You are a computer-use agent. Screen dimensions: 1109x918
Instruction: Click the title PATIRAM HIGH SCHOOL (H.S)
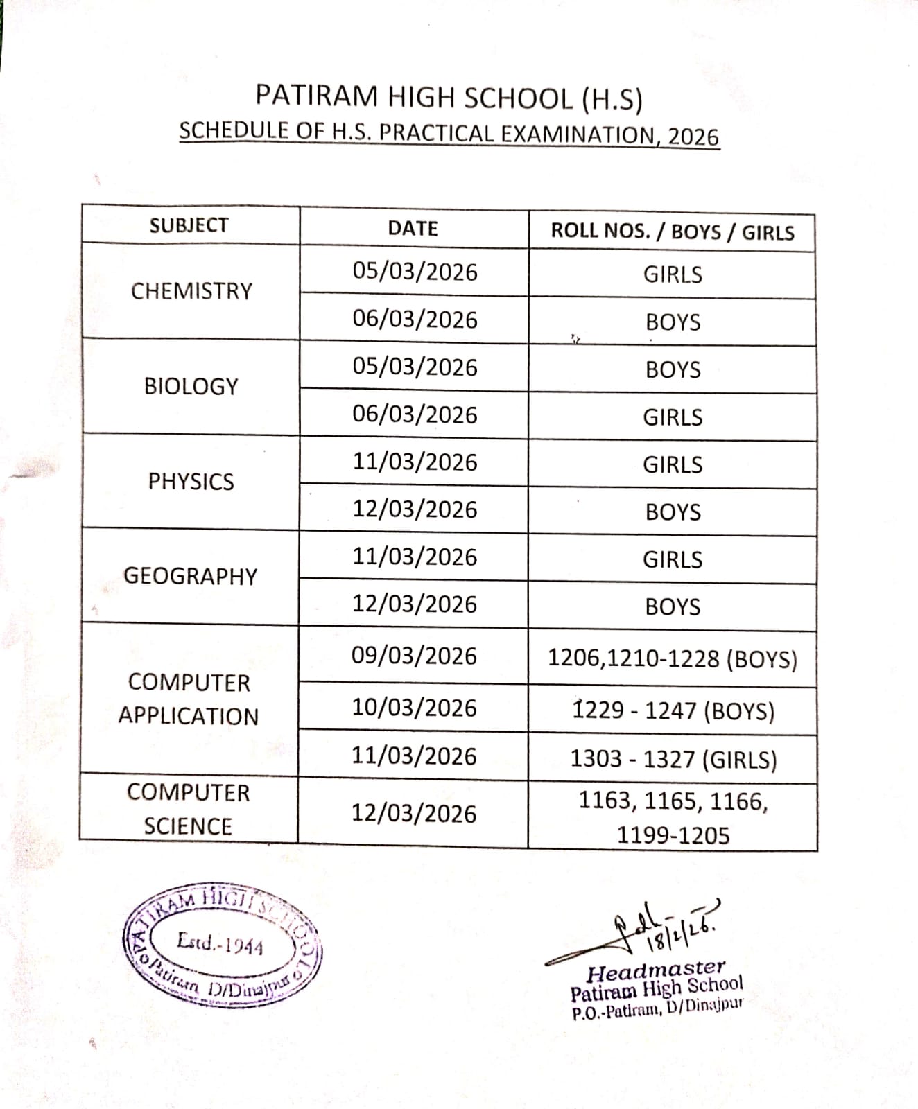pyautogui.click(x=449, y=98)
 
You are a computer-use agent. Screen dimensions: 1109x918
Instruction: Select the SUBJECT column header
pyautogui.click(x=189, y=225)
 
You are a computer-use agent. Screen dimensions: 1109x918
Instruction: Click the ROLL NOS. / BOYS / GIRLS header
pyautogui.click(x=672, y=232)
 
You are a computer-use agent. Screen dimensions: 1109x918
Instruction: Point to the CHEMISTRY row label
pyautogui.click(x=191, y=291)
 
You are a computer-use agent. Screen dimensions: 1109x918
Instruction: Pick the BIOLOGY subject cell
pyautogui.click(x=191, y=386)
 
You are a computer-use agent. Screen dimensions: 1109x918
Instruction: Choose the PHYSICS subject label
pyautogui.click(x=191, y=481)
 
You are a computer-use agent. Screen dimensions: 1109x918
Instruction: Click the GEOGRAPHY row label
pyautogui.click(x=190, y=576)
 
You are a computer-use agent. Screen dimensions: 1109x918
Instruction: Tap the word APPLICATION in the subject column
pyautogui.click(x=188, y=716)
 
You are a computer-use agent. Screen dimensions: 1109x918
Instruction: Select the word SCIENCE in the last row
pyautogui.click(x=188, y=826)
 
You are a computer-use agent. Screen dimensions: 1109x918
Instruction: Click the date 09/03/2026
pyautogui.click(x=414, y=656)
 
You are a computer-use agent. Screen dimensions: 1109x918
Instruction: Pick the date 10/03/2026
pyautogui.click(x=414, y=708)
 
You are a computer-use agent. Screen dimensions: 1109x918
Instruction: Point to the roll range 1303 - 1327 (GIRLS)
pyautogui.click(x=673, y=759)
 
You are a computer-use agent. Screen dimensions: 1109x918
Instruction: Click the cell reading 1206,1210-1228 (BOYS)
pyautogui.click(x=673, y=658)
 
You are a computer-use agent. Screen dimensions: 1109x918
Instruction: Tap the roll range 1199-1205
pyautogui.click(x=673, y=835)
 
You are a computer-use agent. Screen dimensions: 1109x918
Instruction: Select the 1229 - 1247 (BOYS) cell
pyautogui.click(x=673, y=711)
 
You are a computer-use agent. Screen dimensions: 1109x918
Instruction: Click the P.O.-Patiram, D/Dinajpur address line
pyautogui.click(x=657, y=1009)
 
